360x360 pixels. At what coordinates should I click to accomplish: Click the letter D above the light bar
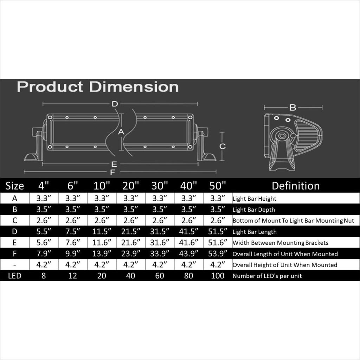click(115, 104)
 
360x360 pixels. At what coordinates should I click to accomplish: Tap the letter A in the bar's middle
click(121, 132)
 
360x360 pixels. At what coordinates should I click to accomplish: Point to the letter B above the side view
click(293, 108)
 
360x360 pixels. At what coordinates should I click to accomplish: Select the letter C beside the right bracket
click(223, 146)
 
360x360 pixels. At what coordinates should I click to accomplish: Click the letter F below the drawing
click(112, 172)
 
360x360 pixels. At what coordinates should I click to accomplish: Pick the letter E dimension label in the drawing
click(114, 164)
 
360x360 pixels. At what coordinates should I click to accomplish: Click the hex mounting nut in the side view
click(282, 135)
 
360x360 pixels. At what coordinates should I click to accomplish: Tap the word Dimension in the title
click(134, 87)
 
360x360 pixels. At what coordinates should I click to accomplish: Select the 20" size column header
click(131, 186)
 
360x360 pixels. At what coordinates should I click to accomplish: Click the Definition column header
click(296, 186)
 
